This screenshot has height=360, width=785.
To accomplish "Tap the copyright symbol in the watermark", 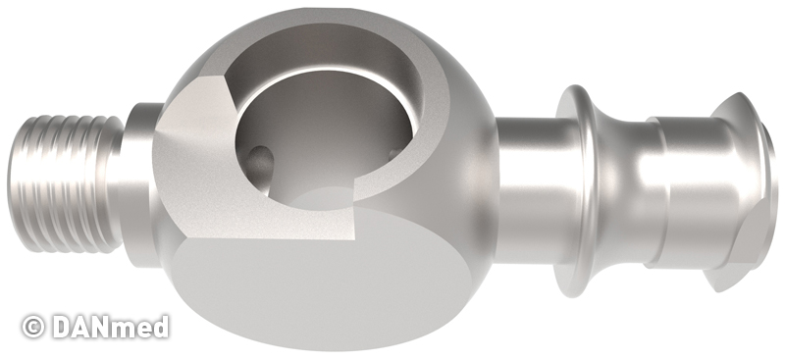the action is (33, 327).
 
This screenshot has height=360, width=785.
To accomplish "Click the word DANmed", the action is (110, 327).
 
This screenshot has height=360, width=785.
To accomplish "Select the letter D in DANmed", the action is (62, 327).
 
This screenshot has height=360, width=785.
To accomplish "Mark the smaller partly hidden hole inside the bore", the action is (394, 153).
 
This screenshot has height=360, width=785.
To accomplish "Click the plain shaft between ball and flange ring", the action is (528, 189).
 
